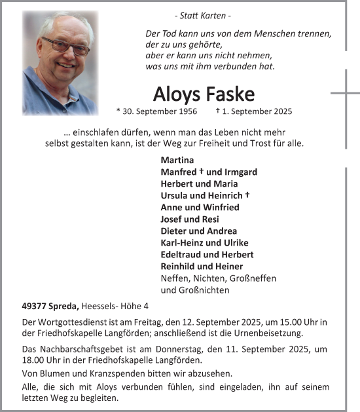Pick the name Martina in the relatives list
(176, 160)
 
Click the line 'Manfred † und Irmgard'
(208, 172)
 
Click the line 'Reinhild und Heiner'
(202, 266)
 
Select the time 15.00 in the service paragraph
(287, 323)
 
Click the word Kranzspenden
(111, 373)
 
